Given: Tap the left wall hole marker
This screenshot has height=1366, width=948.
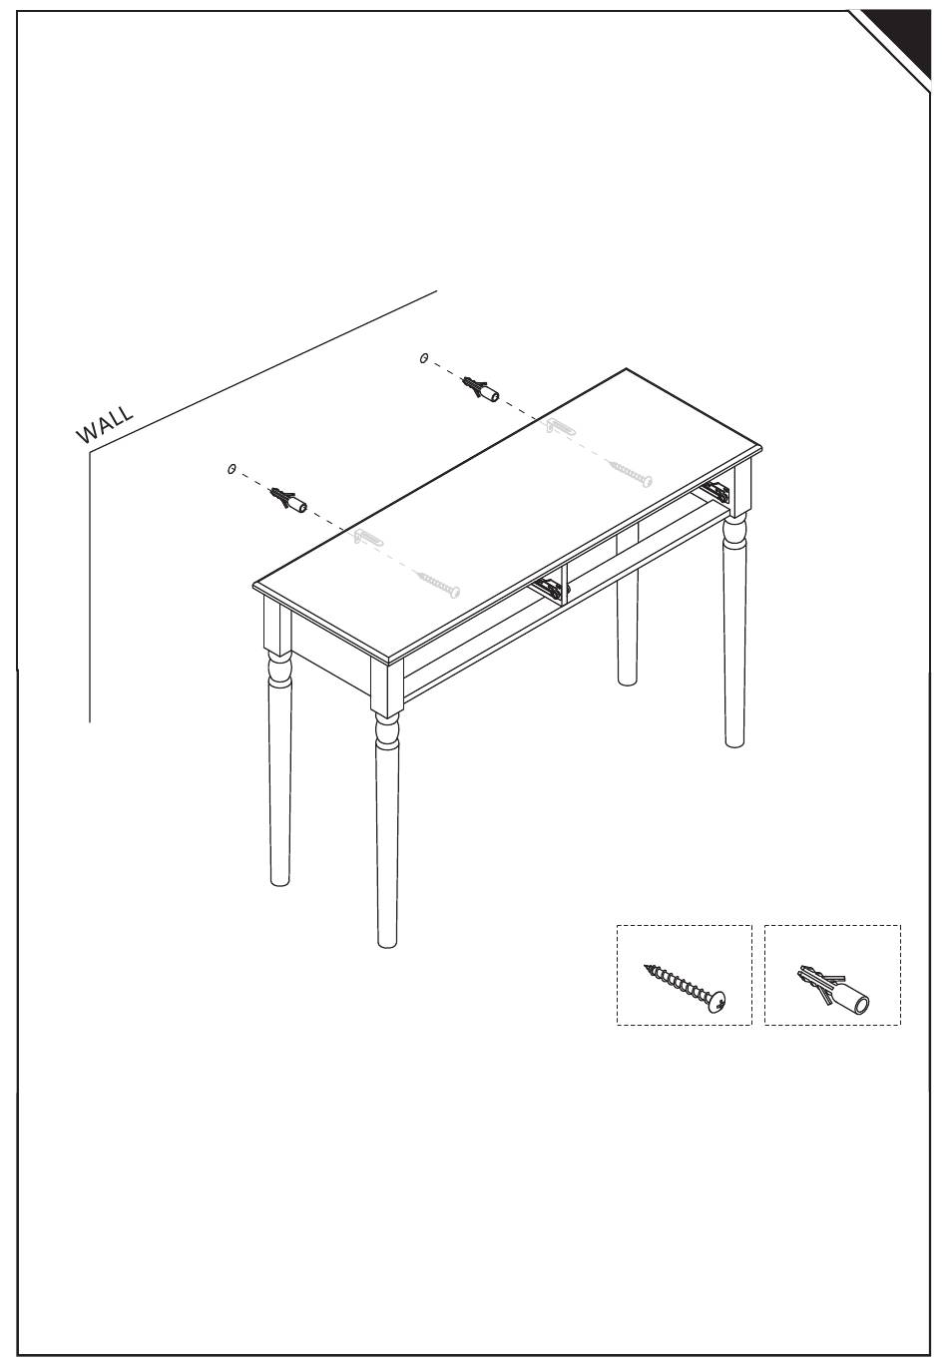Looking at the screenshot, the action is [x=232, y=469].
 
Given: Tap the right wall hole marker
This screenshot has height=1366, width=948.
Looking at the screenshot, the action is [x=424, y=358].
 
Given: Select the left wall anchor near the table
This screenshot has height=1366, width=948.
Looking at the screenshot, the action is [x=288, y=500].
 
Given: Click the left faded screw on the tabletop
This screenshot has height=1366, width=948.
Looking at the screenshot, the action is [x=437, y=583].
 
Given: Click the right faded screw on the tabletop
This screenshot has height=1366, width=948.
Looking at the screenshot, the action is [x=630, y=473].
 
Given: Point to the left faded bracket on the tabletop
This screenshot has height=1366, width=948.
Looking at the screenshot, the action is [x=368, y=537].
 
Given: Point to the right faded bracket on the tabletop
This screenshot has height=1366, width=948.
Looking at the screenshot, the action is [x=560, y=426].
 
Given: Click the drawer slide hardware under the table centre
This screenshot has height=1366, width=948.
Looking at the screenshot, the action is [x=549, y=588].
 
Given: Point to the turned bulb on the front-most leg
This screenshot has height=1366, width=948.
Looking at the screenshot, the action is [x=387, y=730].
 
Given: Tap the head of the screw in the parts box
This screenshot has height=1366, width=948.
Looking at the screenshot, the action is [x=716, y=1003].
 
